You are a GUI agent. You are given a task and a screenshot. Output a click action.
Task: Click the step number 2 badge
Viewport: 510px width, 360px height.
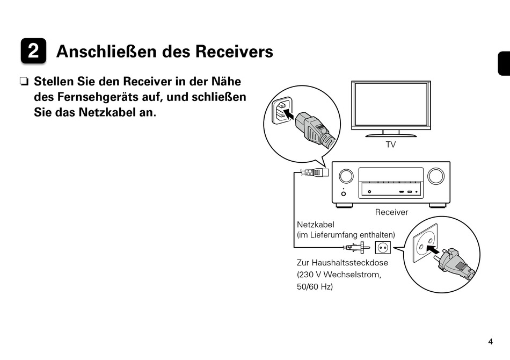pos(33,52)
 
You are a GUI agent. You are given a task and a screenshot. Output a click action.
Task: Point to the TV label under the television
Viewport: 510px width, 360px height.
pos(390,145)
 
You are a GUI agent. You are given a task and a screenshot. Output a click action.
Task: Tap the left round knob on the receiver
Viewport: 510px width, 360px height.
pos(346,176)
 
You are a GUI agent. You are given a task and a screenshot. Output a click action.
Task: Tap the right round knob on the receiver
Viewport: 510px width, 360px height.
pos(435,176)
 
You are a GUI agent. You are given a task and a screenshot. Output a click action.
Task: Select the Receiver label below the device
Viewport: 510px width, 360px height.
pos(391,212)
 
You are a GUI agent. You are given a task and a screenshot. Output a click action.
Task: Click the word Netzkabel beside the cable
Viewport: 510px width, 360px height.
pos(315,225)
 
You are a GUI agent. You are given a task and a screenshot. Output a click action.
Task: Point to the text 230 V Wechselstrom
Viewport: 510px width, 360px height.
pos(339,275)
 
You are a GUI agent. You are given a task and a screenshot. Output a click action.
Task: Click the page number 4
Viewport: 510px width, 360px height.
pos(490,342)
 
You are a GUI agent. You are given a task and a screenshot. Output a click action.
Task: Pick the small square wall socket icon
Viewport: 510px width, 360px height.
pos(383,248)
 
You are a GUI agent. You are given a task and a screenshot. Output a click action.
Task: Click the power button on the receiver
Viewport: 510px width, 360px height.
pos(344,193)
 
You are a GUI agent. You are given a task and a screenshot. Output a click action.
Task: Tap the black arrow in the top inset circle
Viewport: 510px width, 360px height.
pos(288,114)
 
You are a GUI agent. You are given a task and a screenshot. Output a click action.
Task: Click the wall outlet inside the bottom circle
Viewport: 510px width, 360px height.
pos(425,243)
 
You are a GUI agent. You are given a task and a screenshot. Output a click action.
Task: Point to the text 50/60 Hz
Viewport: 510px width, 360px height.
pos(315,287)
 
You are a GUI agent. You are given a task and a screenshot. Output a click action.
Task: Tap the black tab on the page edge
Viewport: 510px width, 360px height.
pos(503,63)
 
